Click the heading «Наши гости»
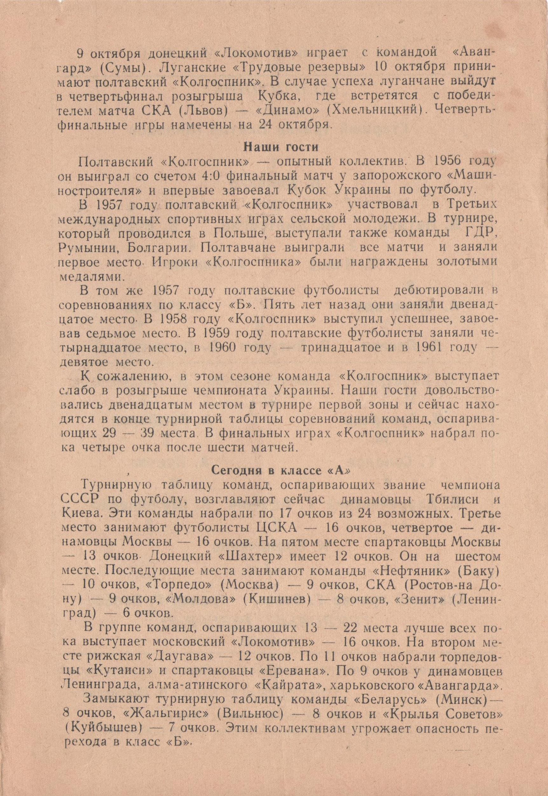point(281,147)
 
